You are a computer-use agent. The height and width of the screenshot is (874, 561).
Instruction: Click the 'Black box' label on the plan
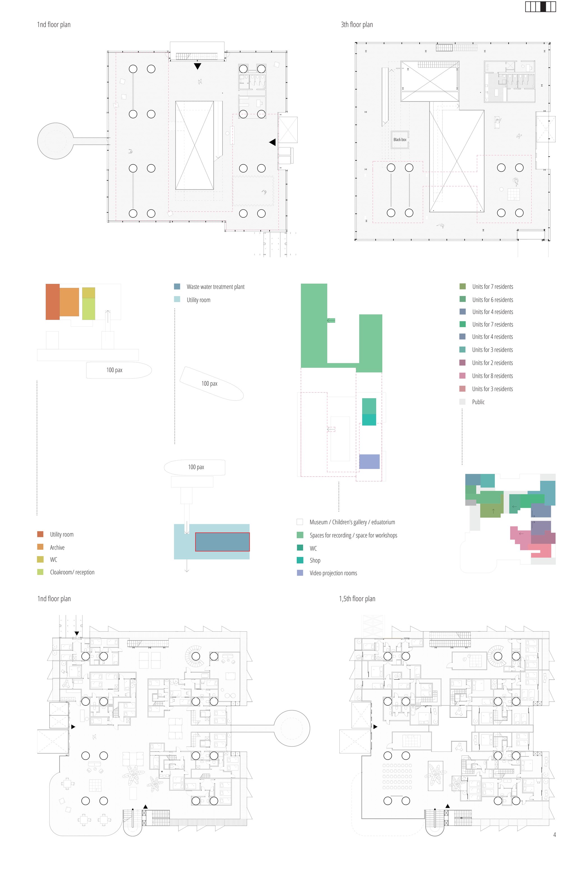pos(400,139)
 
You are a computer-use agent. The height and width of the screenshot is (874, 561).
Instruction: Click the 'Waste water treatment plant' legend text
pos(215,287)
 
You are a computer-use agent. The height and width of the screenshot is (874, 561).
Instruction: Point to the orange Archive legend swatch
pos(40,547)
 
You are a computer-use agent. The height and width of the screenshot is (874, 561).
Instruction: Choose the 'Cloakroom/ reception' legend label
pos(72,572)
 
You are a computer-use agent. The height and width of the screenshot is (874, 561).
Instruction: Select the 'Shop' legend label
pos(315,560)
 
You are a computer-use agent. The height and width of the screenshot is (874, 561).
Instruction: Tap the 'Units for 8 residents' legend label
pos(492,376)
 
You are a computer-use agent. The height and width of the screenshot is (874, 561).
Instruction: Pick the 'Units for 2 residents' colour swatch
pos(462,363)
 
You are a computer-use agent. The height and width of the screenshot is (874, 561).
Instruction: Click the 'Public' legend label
pos(478,402)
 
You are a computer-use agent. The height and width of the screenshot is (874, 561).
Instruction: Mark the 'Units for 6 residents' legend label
pos(493,300)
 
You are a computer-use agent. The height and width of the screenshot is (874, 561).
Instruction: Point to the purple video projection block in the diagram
pos(369,461)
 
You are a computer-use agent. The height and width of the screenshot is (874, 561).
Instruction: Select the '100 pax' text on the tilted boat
pos(210,383)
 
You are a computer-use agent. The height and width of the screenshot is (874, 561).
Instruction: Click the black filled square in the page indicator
pos(543,6)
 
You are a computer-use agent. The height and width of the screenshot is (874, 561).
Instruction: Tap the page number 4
pos(555,835)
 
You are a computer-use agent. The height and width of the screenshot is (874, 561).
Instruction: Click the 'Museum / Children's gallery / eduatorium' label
pos(352,522)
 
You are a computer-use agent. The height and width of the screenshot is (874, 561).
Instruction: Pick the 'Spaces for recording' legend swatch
pos(300,535)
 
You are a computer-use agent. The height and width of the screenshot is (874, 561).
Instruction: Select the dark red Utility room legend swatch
pos(40,534)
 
